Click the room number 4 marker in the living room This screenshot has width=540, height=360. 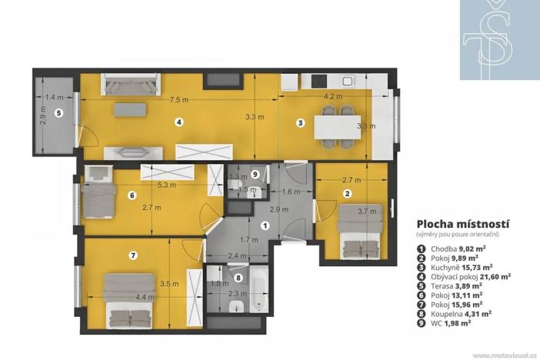tap(178, 122)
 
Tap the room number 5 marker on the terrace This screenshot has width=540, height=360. tap(59, 112)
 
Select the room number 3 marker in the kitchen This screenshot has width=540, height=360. tap(301, 122)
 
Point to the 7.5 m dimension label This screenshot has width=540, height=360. tap(179, 98)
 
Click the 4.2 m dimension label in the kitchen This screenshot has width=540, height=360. tap(332, 97)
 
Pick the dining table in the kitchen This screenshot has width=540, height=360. tap(338, 123)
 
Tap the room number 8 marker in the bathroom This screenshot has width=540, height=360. tap(238, 278)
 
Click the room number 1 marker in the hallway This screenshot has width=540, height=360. tap(265, 226)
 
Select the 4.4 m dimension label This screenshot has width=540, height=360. tap(144, 297)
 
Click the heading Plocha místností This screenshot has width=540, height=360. tap(464, 223)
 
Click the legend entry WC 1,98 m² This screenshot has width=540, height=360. tap(449, 323)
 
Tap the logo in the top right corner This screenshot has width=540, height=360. tap(499, 39)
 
